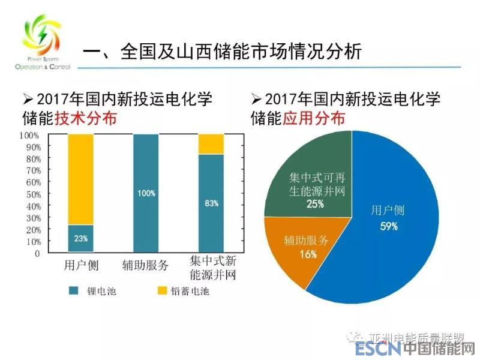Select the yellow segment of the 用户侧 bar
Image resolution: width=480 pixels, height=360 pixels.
80,179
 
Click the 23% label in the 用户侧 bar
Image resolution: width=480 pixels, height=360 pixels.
80,238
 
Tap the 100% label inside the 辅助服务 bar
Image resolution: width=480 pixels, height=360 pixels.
146,193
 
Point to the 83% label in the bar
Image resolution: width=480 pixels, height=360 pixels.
211,203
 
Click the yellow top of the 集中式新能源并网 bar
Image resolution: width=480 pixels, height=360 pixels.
211,144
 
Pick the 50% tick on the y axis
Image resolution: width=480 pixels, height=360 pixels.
33,194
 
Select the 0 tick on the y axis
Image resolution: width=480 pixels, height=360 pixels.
37,253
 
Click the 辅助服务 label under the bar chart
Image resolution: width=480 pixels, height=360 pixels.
146,265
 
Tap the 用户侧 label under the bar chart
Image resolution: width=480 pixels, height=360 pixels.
81,265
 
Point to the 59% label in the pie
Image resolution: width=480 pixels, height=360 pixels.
389,227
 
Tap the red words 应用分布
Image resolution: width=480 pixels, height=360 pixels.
314,118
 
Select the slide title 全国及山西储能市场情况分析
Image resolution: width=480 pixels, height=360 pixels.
240,52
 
